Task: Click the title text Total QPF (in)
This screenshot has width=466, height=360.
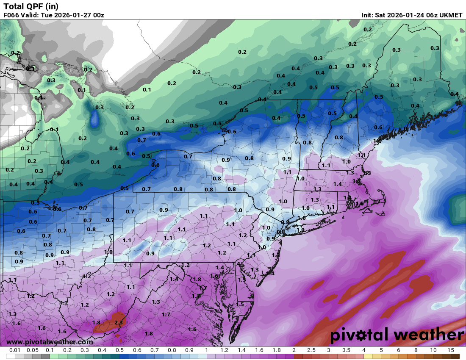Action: [31, 6]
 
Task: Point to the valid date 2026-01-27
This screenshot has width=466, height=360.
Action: [76, 15]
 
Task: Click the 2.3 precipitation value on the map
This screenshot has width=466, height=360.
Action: [119, 322]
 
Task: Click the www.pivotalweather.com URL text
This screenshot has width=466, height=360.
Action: [50, 342]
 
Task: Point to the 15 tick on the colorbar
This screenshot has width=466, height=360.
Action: [450, 350]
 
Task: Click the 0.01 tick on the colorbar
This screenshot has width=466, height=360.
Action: [15, 350]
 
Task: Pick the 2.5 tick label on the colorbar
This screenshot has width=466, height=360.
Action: [311, 350]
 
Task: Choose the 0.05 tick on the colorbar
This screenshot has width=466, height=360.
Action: [33, 350]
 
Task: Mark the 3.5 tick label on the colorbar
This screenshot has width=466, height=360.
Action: [346, 350]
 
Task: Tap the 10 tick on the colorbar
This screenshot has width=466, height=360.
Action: [433, 350]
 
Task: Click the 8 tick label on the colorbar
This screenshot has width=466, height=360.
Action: [416, 350]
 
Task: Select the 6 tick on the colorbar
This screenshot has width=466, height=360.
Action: [398, 350]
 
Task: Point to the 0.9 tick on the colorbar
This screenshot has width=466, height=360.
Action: [189, 350]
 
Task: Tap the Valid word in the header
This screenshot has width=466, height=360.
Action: [30, 15]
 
